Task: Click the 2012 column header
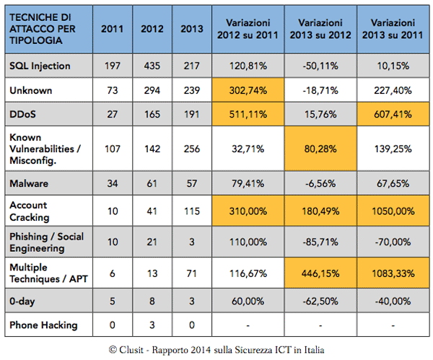tap(152, 29)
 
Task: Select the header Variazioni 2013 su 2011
tap(393, 29)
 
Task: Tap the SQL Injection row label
tap(40, 66)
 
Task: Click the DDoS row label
tap(22, 114)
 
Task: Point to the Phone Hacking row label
tap(43, 325)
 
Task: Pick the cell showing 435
tap(152, 66)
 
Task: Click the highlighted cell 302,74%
tap(248, 90)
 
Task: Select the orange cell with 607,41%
tap(393, 114)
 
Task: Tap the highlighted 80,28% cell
tap(320, 149)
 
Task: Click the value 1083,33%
tap(393, 273)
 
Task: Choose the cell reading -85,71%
tap(320, 242)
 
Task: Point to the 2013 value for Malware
tap(192, 183)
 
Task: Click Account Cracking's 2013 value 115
tap(192, 211)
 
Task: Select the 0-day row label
tap(22, 301)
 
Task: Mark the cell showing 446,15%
tap(320, 273)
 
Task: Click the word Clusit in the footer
tap(131, 350)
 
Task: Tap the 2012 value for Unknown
tap(152, 90)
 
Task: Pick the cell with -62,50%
tap(320, 301)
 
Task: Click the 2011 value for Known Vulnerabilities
tap(113, 149)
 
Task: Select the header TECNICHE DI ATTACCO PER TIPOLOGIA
tap(43, 29)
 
